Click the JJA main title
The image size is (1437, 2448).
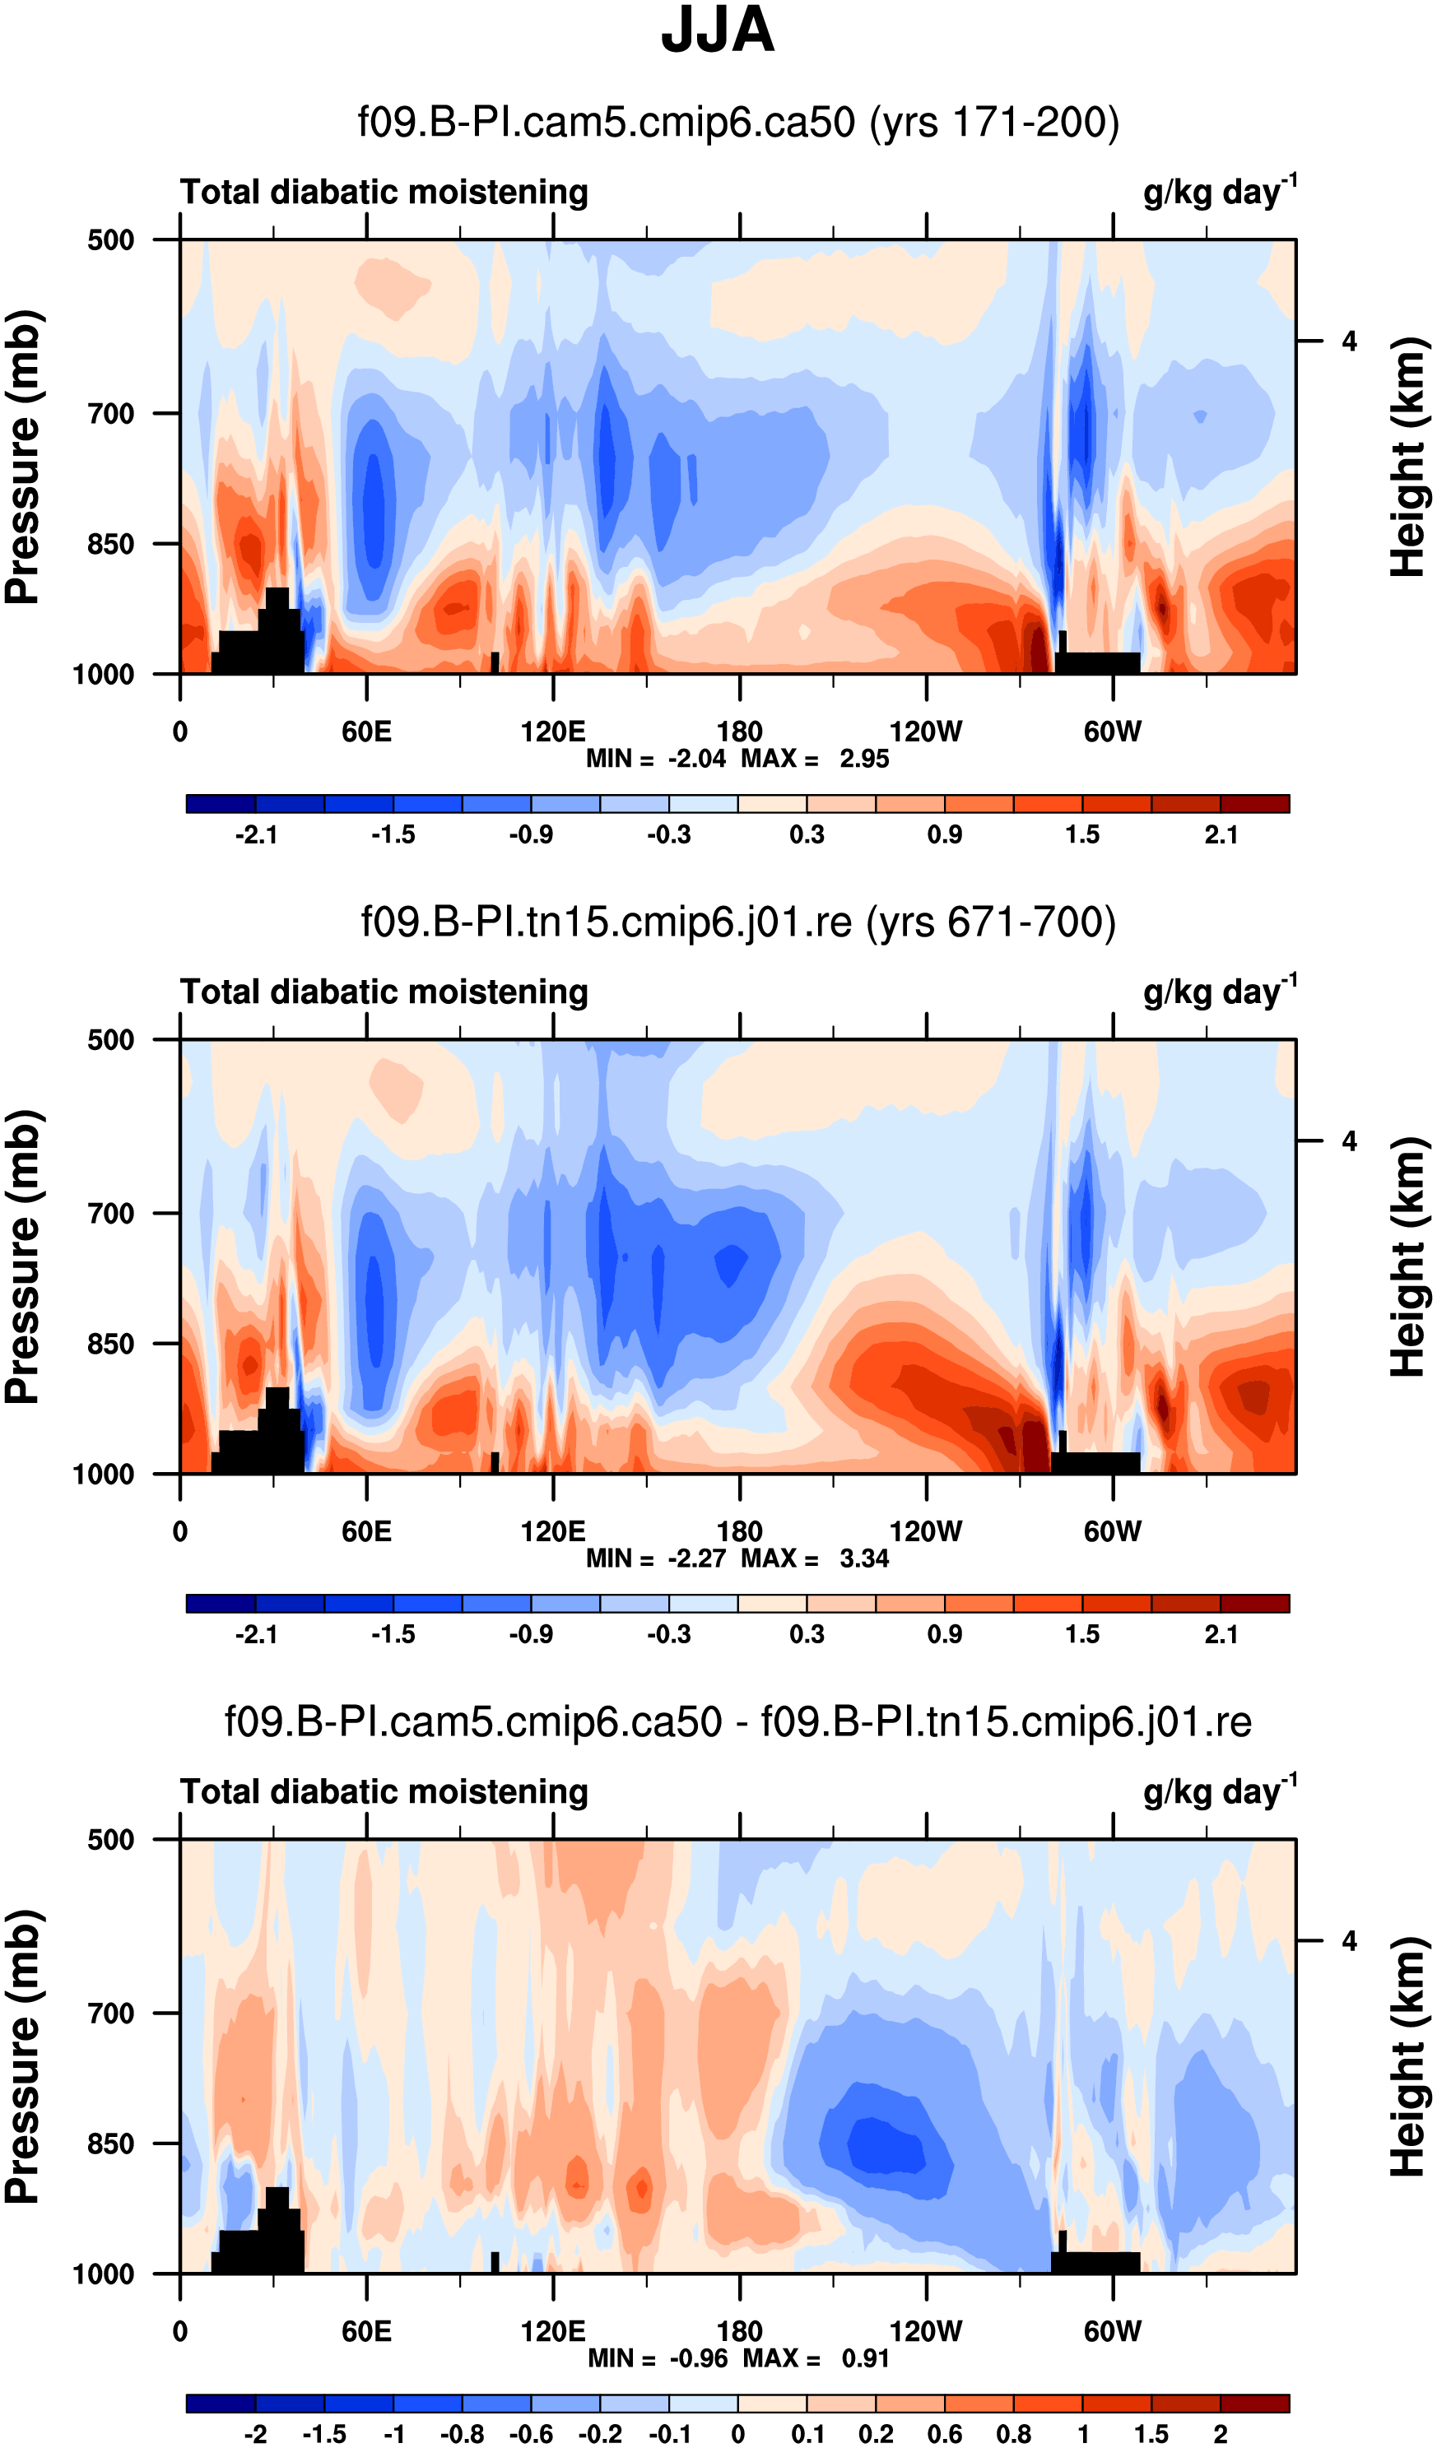pyautogui.click(x=717, y=31)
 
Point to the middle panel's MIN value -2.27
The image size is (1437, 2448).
pyautogui.click(x=696, y=1558)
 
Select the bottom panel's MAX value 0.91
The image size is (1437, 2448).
pyautogui.click(x=865, y=2357)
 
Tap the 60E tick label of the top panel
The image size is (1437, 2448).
pyautogui.click(x=366, y=732)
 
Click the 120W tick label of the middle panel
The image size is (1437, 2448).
pyautogui.click(x=925, y=1531)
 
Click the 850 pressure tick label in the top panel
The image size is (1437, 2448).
pyautogui.click(x=111, y=544)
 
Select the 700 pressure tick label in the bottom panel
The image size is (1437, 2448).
pyautogui.click(x=111, y=2013)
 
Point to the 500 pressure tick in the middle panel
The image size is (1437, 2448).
pyautogui.click(x=111, y=1039)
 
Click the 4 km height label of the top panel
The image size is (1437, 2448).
pyautogui.click(x=1349, y=341)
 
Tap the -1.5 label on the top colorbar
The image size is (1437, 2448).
pyautogui.click(x=393, y=834)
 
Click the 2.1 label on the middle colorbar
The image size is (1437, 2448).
pyautogui.click(x=1221, y=1634)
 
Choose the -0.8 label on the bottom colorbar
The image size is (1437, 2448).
pyautogui.click(x=462, y=2433)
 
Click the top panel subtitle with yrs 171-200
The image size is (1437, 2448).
pyautogui.click(x=738, y=123)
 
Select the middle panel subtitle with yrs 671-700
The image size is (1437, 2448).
pyautogui.click(x=738, y=922)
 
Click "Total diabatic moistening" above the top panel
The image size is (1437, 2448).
pyautogui.click(x=384, y=193)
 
